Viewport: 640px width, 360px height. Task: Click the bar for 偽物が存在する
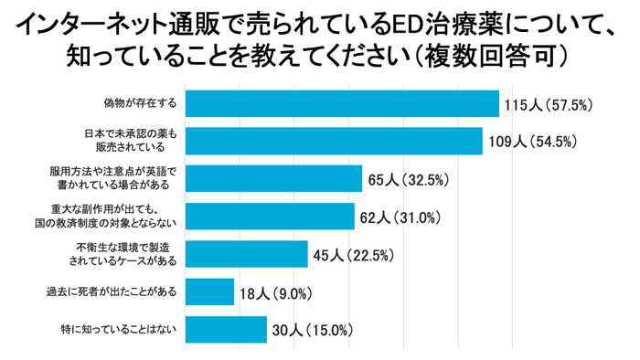[x=342, y=103]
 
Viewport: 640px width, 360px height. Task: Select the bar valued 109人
[x=334, y=141]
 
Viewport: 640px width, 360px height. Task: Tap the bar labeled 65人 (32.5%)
[x=273, y=178]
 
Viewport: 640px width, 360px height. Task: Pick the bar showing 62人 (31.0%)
[x=270, y=216]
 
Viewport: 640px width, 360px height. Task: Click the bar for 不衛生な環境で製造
[x=246, y=253]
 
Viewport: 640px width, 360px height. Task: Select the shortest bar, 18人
[x=209, y=291]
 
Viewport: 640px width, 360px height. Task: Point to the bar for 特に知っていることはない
[x=226, y=329]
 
